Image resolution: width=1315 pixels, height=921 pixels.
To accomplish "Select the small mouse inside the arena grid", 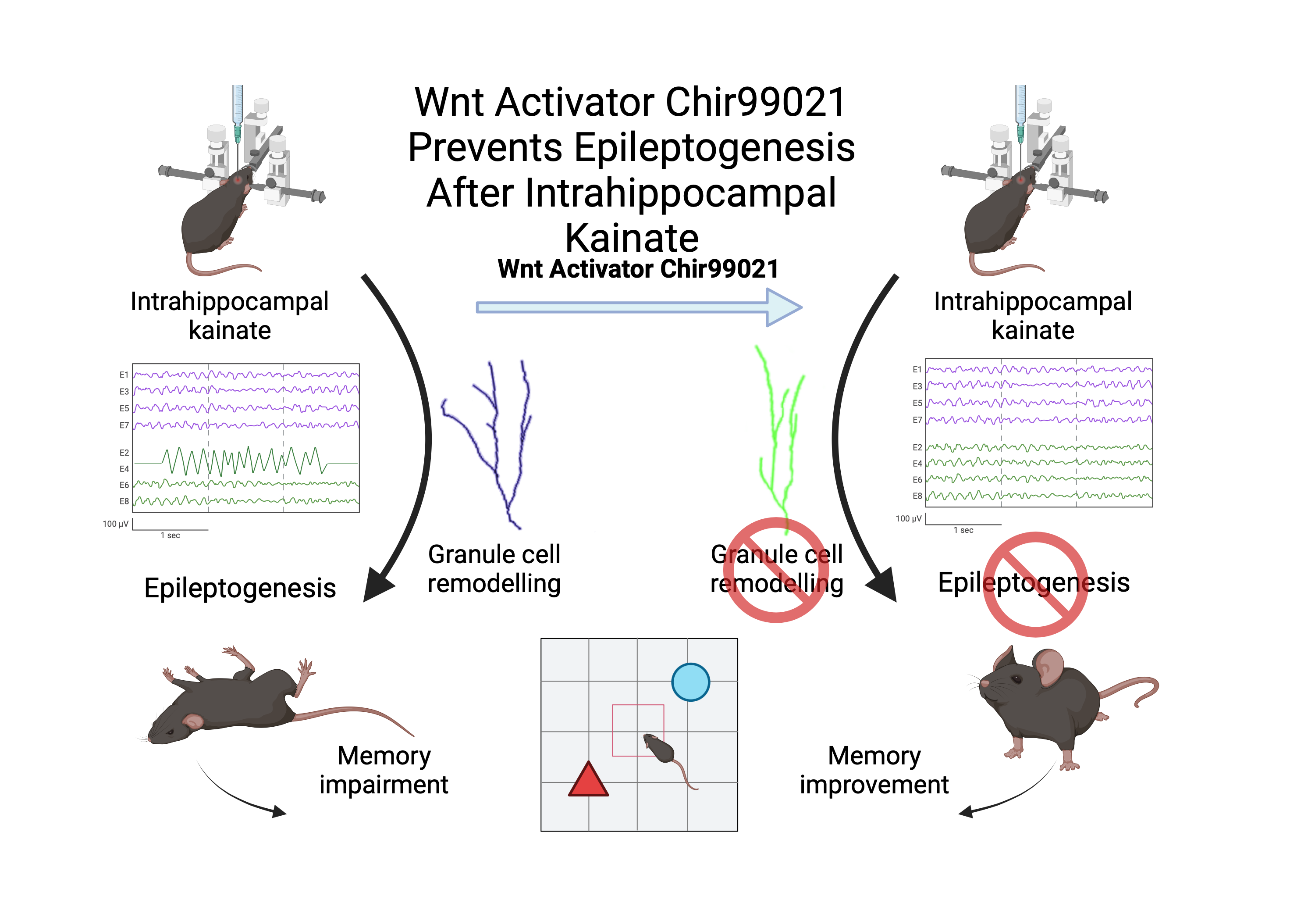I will (x=661, y=750).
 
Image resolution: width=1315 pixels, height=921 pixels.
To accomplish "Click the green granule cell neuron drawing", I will (x=779, y=436).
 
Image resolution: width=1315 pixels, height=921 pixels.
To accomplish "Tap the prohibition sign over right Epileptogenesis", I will (x=1035, y=584).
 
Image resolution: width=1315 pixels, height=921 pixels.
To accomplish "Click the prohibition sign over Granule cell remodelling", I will (x=776, y=570).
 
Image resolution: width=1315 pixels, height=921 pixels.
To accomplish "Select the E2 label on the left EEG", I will (x=124, y=453).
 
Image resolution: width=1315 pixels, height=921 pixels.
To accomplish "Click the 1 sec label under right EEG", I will (x=963, y=530).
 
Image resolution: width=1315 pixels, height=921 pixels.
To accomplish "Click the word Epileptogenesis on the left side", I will (x=240, y=588).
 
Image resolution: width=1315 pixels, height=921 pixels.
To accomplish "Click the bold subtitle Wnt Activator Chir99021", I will (x=638, y=269).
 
